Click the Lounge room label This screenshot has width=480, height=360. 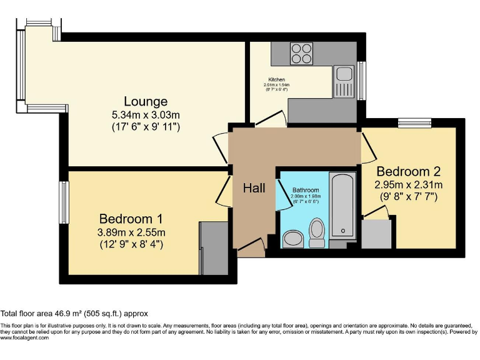(x=145, y=101)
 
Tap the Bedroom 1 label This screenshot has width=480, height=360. (x=131, y=219)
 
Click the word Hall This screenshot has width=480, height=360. (x=254, y=188)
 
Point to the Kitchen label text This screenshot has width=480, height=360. (x=277, y=80)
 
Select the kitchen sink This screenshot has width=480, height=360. (x=344, y=81)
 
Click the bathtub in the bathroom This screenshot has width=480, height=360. (x=342, y=206)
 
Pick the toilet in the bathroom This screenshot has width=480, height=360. (x=317, y=232)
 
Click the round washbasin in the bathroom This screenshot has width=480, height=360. (x=292, y=238)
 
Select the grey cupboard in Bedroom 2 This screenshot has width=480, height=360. (x=378, y=232)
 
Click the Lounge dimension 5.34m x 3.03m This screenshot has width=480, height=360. (x=145, y=115)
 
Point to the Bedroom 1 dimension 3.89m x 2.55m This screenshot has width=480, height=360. (x=131, y=232)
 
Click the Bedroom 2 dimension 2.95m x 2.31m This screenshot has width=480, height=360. (x=409, y=185)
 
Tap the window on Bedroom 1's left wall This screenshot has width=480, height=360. (x=64, y=202)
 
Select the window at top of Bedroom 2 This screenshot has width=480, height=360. (x=415, y=122)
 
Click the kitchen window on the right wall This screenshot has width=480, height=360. (x=361, y=79)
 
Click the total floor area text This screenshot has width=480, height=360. (x=74, y=314)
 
